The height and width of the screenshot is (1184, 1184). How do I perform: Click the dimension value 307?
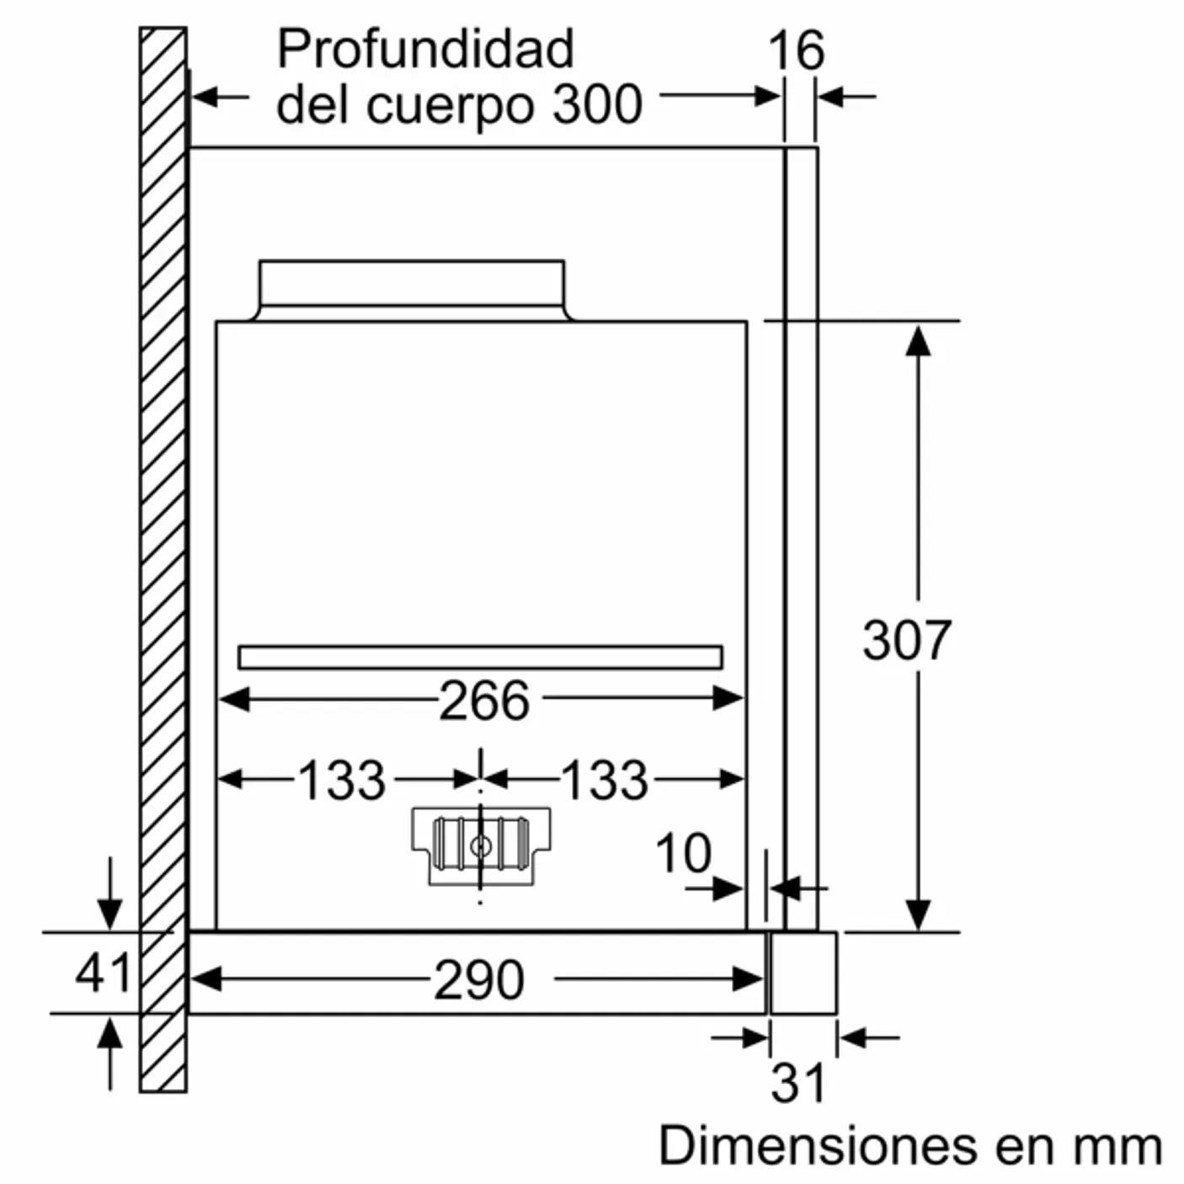[906, 640]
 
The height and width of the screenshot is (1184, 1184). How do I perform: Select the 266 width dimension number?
[484, 700]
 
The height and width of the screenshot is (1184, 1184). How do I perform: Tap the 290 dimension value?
[479, 979]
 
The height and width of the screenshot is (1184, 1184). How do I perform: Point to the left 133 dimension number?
[342, 780]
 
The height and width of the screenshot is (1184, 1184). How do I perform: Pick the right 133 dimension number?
[605, 780]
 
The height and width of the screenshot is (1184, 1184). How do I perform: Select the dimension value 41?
[104, 973]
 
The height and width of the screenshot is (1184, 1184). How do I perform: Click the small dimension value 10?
[683, 853]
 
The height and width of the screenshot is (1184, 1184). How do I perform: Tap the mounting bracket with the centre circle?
[481, 845]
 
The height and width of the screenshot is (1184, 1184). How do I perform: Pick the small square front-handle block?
[803, 973]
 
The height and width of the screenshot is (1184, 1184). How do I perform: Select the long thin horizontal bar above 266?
[480, 657]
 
